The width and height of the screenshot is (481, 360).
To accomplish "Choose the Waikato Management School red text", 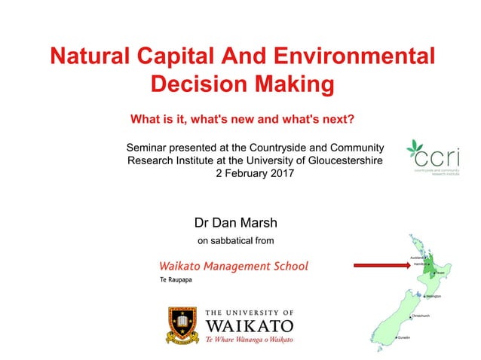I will tap(233, 266).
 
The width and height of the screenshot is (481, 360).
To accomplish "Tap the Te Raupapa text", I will tap(175, 280).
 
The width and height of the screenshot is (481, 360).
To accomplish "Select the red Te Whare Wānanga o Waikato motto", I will tap(249, 340).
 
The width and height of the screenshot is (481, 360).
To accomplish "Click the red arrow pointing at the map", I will tap(384, 264).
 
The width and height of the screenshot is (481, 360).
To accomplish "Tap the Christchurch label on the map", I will tap(420, 316).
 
